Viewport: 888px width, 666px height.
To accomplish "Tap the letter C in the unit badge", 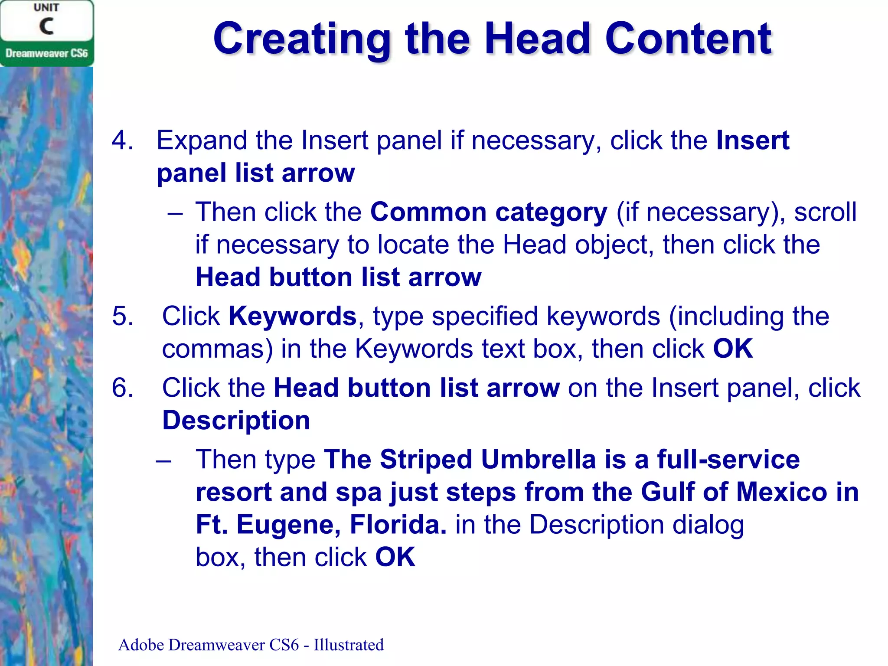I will [x=47, y=26].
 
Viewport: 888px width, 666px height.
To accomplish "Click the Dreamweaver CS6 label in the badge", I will [x=46, y=53].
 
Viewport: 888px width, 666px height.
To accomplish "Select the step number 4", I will [x=122, y=140].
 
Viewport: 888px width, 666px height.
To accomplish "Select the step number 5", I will [x=122, y=316].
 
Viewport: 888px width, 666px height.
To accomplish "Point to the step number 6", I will [x=122, y=387].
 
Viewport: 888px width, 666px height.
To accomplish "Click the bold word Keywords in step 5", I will [x=292, y=316].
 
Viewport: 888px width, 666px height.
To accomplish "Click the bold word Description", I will [x=236, y=420].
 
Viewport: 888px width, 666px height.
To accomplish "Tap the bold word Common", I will [x=428, y=212].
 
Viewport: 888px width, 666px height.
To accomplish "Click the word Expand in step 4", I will [x=202, y=140].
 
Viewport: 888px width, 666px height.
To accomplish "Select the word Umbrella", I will [x=538, y=459].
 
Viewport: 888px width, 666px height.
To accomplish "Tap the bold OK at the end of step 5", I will [x=733, y=348].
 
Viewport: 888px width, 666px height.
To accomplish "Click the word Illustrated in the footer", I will [x=349, y=645].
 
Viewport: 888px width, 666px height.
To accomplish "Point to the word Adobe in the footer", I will [x=141, y=645].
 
